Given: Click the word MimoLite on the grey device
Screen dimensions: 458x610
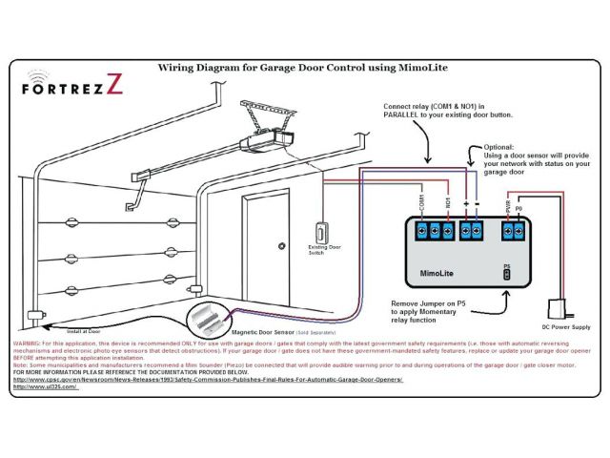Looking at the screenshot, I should [x=437, y=273].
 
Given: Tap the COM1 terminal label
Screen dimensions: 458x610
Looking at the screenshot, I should [x=421, y=202].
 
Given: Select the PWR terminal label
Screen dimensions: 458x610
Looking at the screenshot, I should [x=506, y=205].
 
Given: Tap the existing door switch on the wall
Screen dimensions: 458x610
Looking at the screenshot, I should [x=322, y=232].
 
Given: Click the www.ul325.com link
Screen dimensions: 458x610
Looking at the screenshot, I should [x=44, y=386].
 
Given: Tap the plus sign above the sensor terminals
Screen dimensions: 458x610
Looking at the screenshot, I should [x=465, y=204].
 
